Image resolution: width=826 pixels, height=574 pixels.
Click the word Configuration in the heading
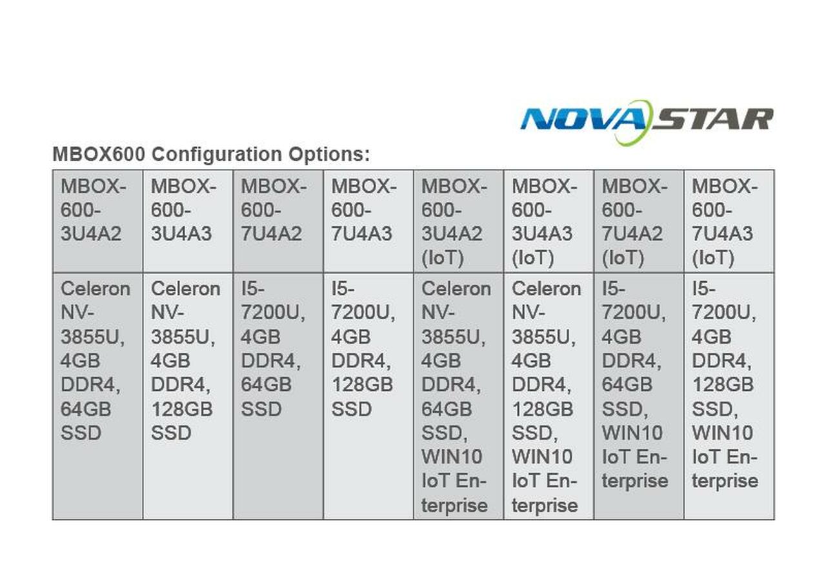click(217, 155)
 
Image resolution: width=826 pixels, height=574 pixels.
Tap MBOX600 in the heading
click(99, 154)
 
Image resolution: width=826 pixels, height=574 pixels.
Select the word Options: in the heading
click(329, 155)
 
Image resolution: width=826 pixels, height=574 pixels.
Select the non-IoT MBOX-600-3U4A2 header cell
click(97, 221)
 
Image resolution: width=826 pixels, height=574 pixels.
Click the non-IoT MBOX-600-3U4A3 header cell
click(188, 221)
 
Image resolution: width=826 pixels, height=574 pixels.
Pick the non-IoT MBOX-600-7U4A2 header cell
click(278, 221)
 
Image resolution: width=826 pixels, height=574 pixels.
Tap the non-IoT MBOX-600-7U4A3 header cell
click(368, 221)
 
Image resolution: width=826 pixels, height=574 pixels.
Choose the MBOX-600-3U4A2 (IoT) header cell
click(459, 221)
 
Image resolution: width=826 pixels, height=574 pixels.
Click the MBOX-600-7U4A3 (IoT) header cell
click(729, 221)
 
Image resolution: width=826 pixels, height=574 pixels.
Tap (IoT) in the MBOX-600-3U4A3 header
click(532, 258)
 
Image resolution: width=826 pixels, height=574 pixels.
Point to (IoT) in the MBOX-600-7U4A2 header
click(623, 258)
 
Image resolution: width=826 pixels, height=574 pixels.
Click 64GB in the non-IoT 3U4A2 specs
click(86, 409)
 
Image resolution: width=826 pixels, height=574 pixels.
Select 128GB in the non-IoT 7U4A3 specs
click(362, 385)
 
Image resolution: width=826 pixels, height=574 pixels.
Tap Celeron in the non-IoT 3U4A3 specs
click(185, 288)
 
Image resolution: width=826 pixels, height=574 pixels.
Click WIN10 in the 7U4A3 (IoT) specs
click(722, 433)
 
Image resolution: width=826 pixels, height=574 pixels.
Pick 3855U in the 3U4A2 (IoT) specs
click(453, 337)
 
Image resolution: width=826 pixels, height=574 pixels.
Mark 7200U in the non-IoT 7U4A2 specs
click(273, 313)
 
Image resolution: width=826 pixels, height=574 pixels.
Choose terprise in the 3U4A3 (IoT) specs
click(545, 506)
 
